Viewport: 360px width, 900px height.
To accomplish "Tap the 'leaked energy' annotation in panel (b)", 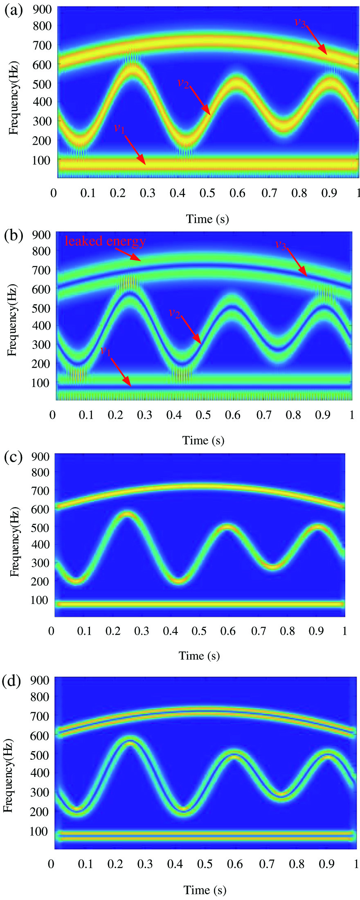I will [x=105, y=241].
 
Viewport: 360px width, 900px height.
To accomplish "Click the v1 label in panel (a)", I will [x=119, y=128].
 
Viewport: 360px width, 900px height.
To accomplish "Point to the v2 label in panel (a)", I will [x=183, y=83].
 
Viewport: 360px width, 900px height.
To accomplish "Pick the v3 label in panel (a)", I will [x=300, y=22].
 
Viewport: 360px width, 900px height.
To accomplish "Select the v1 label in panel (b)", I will [x=106, y=351].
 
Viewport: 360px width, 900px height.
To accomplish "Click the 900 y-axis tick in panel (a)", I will [x=42, y=10].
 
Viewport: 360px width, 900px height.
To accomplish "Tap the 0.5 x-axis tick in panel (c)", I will [x=199, y=631].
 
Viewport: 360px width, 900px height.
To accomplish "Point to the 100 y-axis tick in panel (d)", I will [x=40, y=831].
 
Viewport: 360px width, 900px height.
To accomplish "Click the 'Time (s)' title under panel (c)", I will [x=199, y=656].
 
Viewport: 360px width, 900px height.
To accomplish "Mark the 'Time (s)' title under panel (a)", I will [x=207, y=219].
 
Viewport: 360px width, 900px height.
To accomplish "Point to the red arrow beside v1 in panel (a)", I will [x=135, y=150].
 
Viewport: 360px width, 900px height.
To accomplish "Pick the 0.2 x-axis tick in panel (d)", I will [x=116, y=864].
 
